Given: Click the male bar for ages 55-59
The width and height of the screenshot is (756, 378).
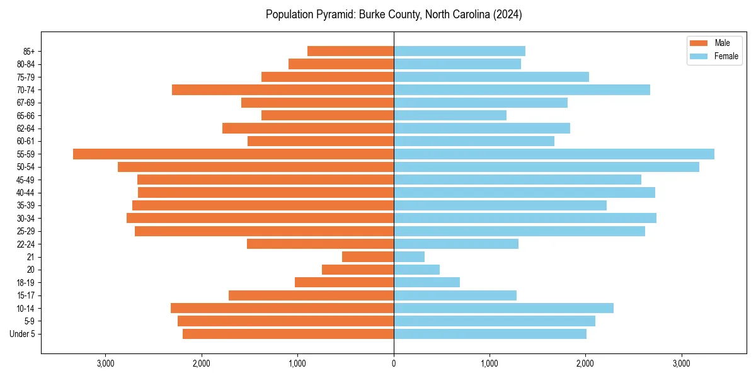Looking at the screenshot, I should pos(233,154).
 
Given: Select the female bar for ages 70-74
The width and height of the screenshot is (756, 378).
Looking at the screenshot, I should pos(522,89).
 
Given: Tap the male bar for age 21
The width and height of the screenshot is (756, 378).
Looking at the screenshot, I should pos(368,256).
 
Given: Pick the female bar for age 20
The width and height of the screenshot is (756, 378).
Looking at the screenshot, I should pos(416,270).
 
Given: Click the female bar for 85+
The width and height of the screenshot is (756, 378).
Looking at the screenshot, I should pos(459,51).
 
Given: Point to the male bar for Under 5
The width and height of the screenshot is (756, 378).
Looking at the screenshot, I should pos(288,334).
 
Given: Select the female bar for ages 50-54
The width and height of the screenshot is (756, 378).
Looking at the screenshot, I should pos(546,167).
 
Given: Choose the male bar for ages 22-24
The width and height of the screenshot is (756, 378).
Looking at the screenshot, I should pos(320,244).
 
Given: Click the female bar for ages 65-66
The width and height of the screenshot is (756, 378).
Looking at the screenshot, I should pos(450,115).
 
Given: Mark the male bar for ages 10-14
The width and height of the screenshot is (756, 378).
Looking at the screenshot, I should pos(282,308).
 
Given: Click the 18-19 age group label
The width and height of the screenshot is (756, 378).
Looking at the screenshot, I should pos(26,282).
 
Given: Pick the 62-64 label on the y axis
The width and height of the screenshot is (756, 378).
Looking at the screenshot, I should pos(26,128).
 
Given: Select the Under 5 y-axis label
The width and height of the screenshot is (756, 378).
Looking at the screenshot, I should pos(23,334).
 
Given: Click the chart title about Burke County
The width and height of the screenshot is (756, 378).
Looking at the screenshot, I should pos(394,14).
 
